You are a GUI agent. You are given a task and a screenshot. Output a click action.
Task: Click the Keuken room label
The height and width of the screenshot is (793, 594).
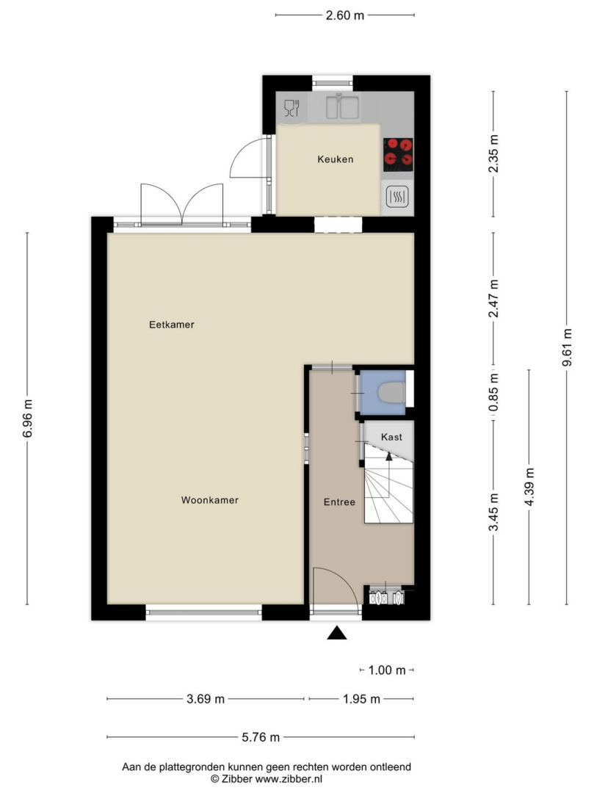pyautogui.click(x=335, y=159)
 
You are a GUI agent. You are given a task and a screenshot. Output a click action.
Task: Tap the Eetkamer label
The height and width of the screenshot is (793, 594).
pyautogui.click(x=171, y=325)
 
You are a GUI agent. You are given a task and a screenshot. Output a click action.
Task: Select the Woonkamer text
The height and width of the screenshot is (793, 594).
pyautogui.click(x=210, y=500)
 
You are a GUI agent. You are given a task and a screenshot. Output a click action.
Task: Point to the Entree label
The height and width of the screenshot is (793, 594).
pyautogui.click(x=339, y=502)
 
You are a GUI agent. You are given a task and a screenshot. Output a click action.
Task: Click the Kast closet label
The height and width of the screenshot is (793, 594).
pyautogui.click(x=392, y=437)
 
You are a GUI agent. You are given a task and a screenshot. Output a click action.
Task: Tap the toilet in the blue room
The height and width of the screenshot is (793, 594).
pyautogui.click(x=391, y=393)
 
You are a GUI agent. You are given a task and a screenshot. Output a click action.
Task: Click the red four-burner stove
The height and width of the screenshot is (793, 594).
pyautogui.click(x=398, y=155)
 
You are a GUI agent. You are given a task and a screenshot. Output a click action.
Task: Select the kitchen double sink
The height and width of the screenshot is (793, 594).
pyautogui.click(x=343, y=107)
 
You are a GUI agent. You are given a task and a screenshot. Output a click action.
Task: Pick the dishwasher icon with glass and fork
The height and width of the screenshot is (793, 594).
pyautogui.click(x=291, y=108)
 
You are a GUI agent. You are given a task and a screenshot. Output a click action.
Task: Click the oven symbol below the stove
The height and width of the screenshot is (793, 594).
pyautogui.click(x=397, y=197)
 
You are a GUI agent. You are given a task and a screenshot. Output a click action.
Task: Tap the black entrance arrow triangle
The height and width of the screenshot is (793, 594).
pyautogui.click(x=337, y=633)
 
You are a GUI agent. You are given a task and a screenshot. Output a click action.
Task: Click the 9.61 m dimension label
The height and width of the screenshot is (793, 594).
pyautogui.click(x=568, y=347)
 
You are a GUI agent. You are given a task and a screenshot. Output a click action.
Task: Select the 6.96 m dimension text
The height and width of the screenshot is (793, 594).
pyautogui.click(x=28, y=419)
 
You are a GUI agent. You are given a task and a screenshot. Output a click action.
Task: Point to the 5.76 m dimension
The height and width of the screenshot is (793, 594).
pyautogui.click(x=261, y=737)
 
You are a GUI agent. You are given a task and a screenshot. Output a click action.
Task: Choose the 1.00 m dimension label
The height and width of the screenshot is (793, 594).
pyautogui.click(x=387, y=670)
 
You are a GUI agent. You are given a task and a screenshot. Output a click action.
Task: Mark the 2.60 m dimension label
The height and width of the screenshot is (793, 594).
pyautogui.click(x=345, y=15)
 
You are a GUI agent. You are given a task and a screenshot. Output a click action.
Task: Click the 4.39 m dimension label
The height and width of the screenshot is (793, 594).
pyautogui.click(x=529, y=487)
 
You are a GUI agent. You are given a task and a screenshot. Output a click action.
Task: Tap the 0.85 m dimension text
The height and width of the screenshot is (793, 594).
pyautogui.click(x=494, y=392)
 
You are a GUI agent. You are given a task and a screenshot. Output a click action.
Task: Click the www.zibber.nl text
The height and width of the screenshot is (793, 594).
pyautogui.click(x=288, y=779)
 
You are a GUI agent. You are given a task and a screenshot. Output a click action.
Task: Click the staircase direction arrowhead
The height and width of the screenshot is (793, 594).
pyautogui.click(x=388, y=456)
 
